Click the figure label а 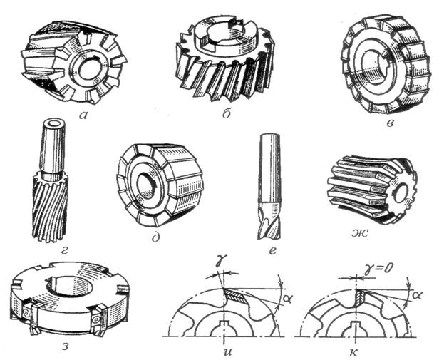[83, 115]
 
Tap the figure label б [226, 113]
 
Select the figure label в [390, 123]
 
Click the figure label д [156, 236]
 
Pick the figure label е [272, 251]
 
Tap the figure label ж [360, 234]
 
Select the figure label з [65, 346]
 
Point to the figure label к [354, 352]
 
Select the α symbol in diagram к [416, 295]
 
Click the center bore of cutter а [90, 70]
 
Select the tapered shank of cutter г [53, 148]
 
